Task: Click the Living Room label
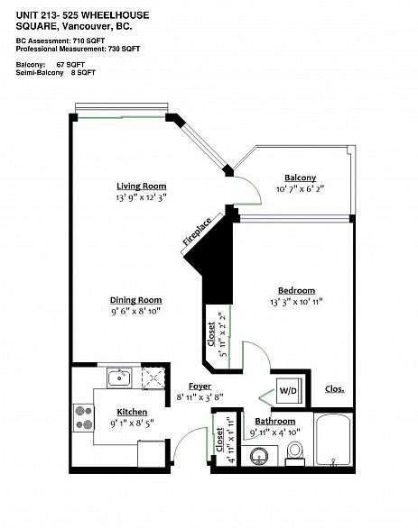pyautogui.click(x=141, y=186)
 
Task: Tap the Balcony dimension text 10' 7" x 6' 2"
pyautogui.click(x=300, y=189)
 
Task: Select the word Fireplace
pyautogui.click(x=198, y=232)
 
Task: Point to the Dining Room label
pyautogui.click(x=135, y=300)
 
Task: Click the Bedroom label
pyautogui.click(x=296, y=290)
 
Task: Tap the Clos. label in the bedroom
pyautogui.click(x=333, y=390)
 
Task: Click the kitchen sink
pyautogui.click(x=119, y=378)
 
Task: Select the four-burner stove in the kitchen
pyautogui.click(x=84, y=417)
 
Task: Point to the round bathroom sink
pyautogui.click(x=261, y=456)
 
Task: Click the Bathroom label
pyautogui.click(x=274, y=421)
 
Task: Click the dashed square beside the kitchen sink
pyautogui.click(x=153, y=378)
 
